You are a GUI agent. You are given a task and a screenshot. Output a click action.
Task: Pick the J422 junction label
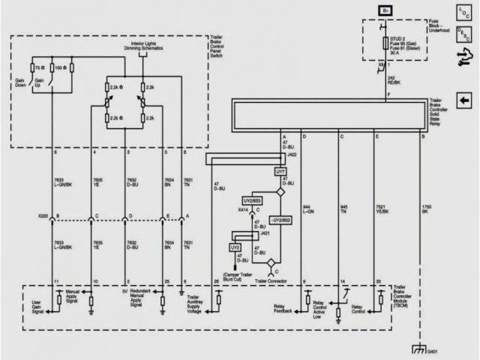point(292,154)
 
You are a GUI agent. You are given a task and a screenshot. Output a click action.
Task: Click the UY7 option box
point(281,172)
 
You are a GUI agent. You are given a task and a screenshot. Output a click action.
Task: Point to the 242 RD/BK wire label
point(393,80)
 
